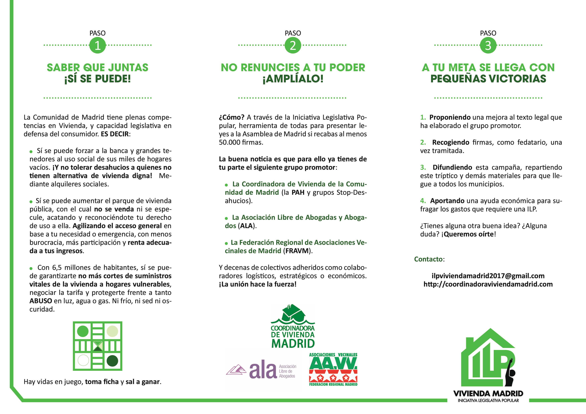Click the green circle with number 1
(x=98, y=45)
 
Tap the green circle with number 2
(x=293, y=45)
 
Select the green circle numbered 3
(x=488, y=45)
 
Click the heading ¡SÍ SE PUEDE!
(x=98, y=79)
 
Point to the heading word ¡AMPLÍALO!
(x=293, y=79)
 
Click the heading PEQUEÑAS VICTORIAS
(x=488, y=79)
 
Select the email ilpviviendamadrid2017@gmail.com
(x=488, y=276)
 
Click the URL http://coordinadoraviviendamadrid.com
(x=488, y=284)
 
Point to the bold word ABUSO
(x=41, y=301)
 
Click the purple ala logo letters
(x=263, y=371)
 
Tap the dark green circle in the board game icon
(x=112, y=361)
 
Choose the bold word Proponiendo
(x=450, y=117)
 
